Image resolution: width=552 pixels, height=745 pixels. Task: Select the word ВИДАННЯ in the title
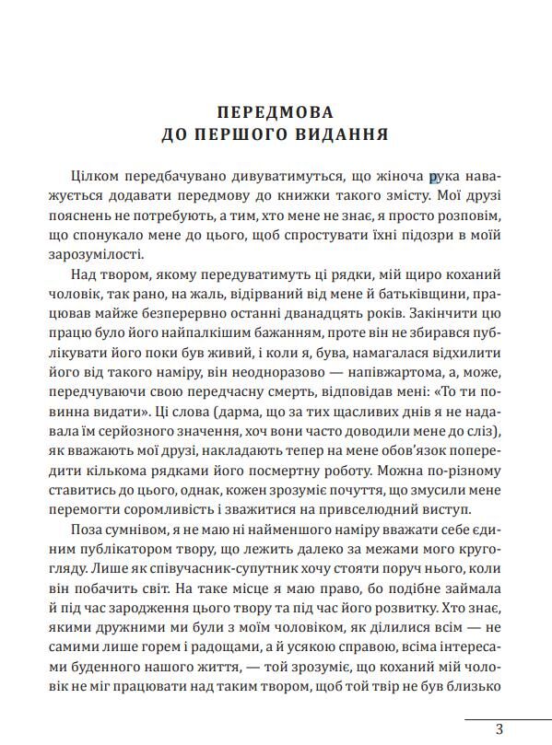pos(342,134)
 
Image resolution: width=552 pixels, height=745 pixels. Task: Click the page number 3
pos(499,728)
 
